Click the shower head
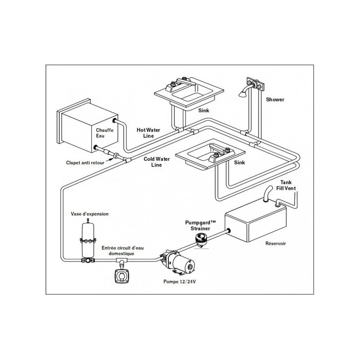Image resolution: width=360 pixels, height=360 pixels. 243,93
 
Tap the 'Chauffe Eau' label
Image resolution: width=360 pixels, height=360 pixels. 105,133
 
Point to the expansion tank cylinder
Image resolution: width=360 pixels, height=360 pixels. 88,240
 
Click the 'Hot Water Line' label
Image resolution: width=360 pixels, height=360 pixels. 148,133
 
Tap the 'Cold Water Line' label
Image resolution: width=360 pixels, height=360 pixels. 157,162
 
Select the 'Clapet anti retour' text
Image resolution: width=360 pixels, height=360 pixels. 85,163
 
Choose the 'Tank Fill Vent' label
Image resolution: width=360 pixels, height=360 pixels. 286,185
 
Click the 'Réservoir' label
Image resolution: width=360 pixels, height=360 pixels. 275,243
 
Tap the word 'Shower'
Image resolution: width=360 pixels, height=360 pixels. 275,99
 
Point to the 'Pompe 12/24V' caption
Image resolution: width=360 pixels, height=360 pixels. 180,282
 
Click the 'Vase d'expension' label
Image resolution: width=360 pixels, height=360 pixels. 90,214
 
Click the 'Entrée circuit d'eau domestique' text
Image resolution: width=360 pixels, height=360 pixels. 122,251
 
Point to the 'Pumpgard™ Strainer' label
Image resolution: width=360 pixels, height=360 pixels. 200,225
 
